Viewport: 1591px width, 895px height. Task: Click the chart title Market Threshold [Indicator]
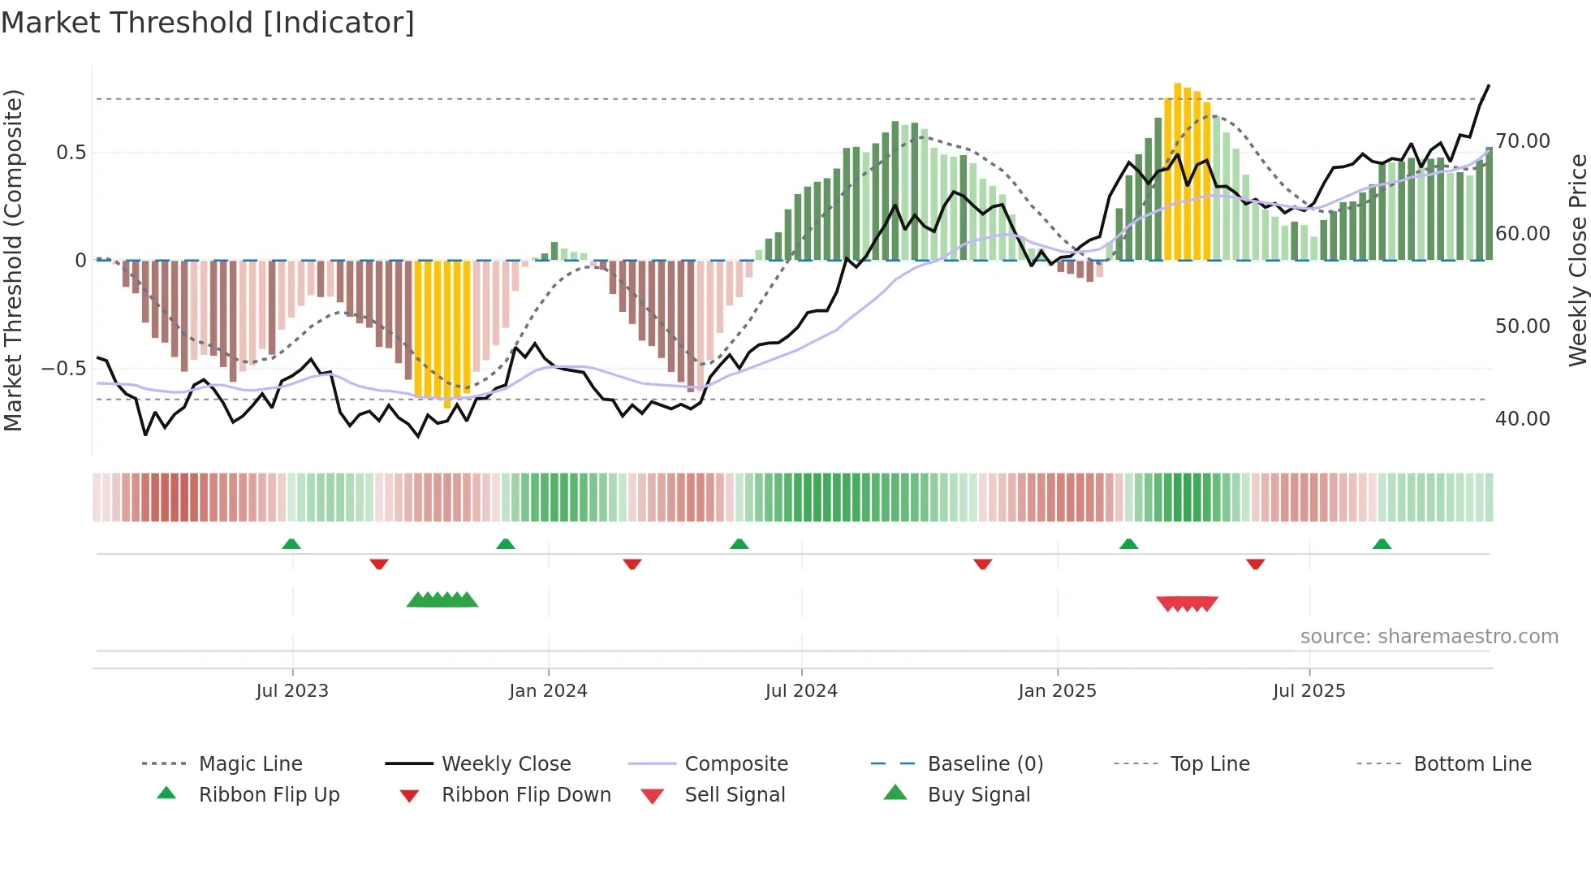click(208, 23)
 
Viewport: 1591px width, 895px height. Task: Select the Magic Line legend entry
click(250, 764)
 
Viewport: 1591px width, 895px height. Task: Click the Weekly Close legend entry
click(506, 764)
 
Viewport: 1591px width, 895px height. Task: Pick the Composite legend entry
click(735, 764)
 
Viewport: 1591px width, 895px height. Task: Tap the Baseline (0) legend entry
click(985, 764)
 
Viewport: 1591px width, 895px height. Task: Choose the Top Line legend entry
click(1209, 764)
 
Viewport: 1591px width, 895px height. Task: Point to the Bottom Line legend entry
click(1472, 764)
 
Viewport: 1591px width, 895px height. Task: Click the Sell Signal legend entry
click(734, 795)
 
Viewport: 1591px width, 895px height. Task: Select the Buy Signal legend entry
click(978, 795)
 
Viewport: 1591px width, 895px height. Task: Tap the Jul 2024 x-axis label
click(801, 691)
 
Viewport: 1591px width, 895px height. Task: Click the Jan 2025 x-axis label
click(1057, 691)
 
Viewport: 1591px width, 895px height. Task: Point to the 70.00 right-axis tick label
click(1523, 141)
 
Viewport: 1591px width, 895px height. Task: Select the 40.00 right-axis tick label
click(1523, 419)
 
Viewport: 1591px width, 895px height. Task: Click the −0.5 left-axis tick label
click(63, 369)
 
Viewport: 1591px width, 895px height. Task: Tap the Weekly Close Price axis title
click(1577, 260)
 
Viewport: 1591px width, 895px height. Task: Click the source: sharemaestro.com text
click(1429, 637)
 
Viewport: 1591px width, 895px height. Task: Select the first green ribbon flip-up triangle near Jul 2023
click(291, 544)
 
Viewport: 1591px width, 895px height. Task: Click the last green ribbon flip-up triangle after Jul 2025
click(1382, 544)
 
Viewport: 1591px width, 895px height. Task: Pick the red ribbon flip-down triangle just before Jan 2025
click(982, 564)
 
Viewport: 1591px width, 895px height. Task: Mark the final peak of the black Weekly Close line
click(1488, 85)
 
